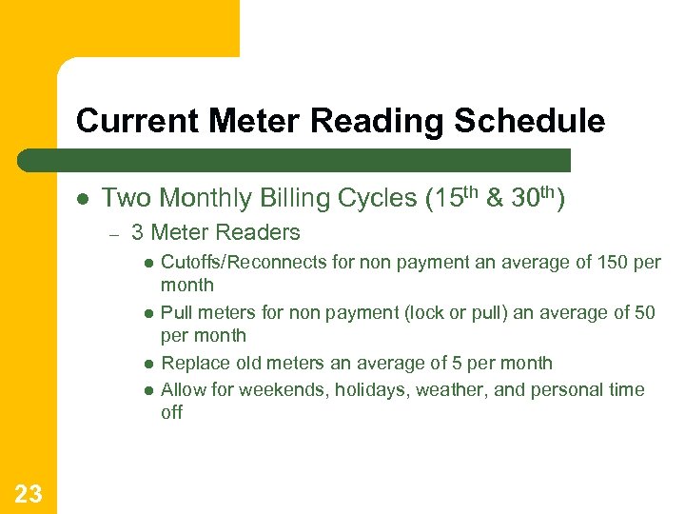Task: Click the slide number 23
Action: pyautogui.click(x=29, y=492)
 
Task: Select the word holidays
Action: pyautogui.click(x=367, y=389)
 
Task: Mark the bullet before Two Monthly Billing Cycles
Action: pyautogui.click(x=83, y=199)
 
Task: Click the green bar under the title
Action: pyautogui.click(x=295, y=160)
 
